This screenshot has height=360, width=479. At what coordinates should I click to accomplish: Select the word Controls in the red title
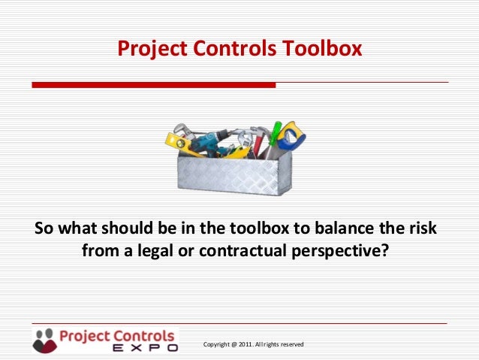tap(236, 49)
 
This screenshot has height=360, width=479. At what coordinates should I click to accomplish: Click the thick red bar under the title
tap(153, 85)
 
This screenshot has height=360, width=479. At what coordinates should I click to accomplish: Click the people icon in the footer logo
tap(44, 339)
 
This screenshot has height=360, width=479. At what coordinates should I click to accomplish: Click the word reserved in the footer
tap(291, 344)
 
